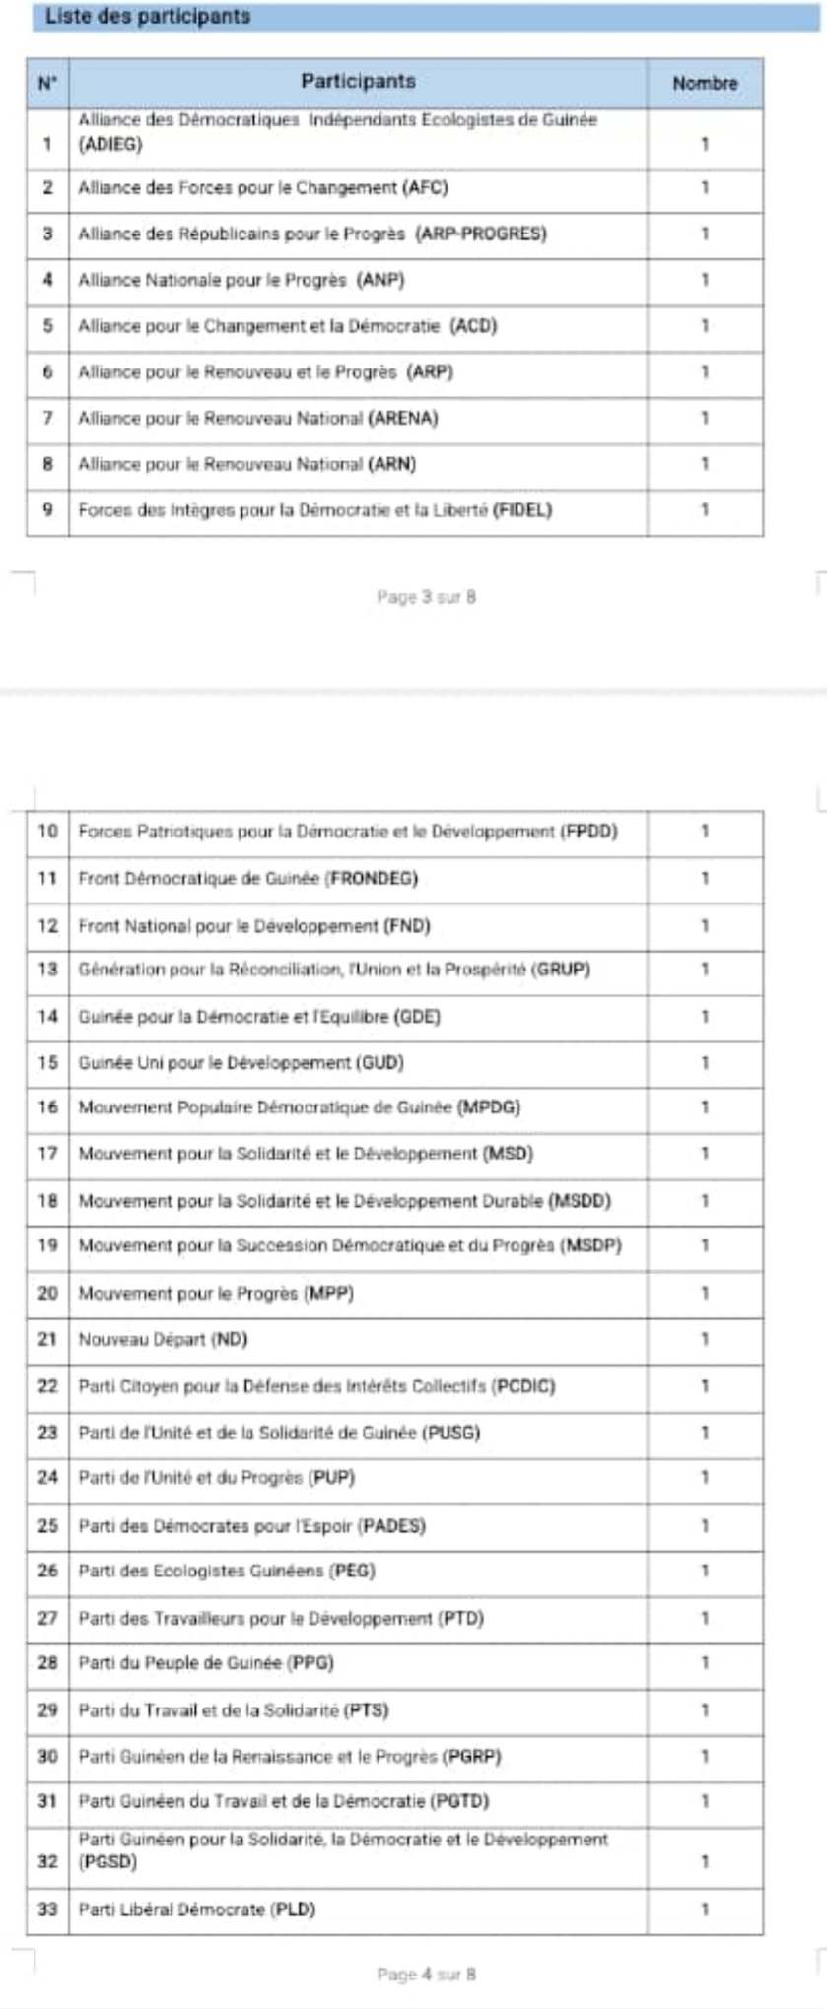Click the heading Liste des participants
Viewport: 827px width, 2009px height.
pos(148,17)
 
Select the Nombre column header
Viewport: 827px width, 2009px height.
pos(705,84)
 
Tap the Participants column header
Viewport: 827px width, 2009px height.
pos(358,82)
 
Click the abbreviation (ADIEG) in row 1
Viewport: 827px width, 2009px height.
pos(109,145)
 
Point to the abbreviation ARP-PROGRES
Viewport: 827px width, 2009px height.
pos(481,234)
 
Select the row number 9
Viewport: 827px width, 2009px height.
pos(47,510)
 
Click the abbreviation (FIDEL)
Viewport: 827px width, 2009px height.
pos(522,510)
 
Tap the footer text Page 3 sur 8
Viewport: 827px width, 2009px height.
pos(426,597)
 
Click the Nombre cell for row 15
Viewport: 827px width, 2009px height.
pos(705,1063)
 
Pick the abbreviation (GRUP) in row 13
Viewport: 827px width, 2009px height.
pos(560,970)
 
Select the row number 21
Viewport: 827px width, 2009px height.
pos(47,1340)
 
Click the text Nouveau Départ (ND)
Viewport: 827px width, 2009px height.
pos(163,1340)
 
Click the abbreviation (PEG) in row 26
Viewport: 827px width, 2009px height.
pos(352,1572)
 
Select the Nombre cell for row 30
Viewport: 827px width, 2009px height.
pos(705,1757)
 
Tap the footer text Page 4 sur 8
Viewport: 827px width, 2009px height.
pos(426,1975)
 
